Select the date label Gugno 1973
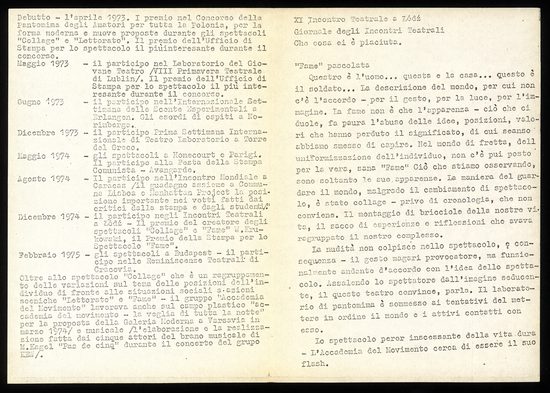click(x=41, y=102)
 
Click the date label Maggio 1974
click(x=43, y=156)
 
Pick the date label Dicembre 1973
click(x=48, y=133)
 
